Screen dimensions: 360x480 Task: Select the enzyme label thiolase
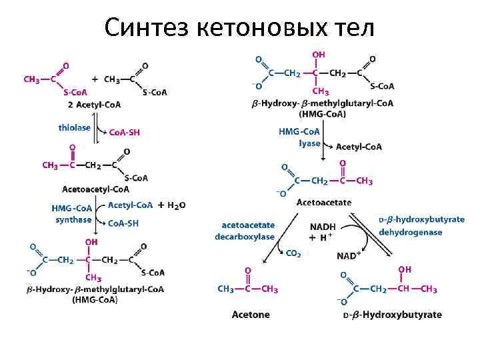[x=74, y=127]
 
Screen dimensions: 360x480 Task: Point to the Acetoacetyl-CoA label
[x=95, y=189]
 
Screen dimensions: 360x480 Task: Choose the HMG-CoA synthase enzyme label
[x=73, y=214]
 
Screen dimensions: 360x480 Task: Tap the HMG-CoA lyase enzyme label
[x=299, y=138]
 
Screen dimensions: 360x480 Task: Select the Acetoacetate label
[x=324, y=202]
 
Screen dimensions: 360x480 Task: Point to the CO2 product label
[x=293, y=253]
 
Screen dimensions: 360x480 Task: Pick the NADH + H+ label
[x=323, y=232]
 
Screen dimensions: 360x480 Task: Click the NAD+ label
[x=349, y=255]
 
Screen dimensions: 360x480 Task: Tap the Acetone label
[x=251, y=314]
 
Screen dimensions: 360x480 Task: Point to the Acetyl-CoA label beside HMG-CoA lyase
[x=359, y=147]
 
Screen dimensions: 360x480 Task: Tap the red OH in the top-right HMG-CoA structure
[x=320, y=53]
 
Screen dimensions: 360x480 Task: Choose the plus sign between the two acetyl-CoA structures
[x=95, y=79]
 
